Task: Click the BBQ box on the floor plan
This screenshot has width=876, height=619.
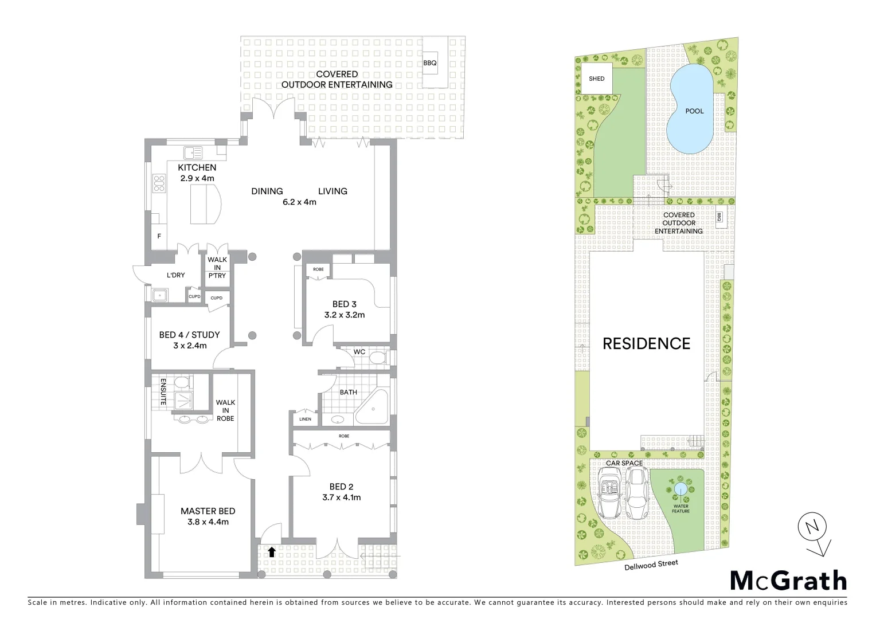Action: tap(430, 63)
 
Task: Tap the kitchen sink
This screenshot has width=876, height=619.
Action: tap(193, 153)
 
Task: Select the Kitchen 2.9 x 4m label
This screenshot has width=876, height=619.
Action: tap(197, 173)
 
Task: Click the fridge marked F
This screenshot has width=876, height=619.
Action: tap(159, 236)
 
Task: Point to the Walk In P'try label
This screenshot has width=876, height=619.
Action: tap(217, 268)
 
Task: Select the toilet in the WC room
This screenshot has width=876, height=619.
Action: tap(378, 359)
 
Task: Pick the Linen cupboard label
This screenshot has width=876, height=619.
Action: tap(305, 419)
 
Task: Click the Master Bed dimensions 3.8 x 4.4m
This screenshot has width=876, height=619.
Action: tap(208, 522)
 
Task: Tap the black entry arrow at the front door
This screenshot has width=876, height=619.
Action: tap(272, 552)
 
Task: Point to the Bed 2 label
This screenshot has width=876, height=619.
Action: tap(341, 487)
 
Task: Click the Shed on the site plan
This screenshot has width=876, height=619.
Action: tap(596, 79)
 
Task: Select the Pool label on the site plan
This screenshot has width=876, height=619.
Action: tap(694, 111)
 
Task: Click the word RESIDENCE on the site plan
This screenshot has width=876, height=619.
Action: tap(646, 343)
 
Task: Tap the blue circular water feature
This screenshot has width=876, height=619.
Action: tap(681, 489)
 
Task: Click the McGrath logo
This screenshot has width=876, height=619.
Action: tap(788, 581)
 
